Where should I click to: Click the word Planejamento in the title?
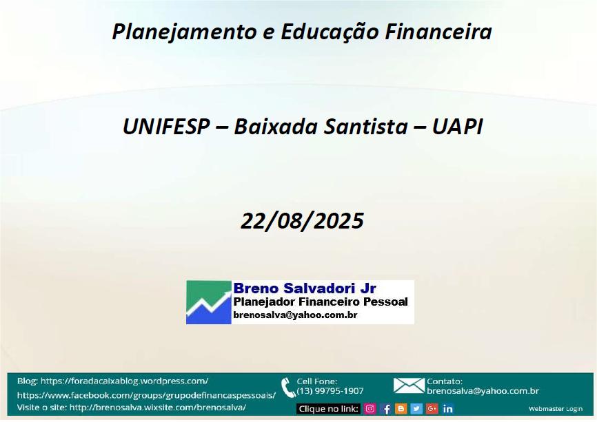click(x=184, y=32)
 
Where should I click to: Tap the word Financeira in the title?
click(x=438, y=31)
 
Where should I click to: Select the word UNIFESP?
click(x=166, y=127)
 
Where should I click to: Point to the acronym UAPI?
click(x=457, y=127)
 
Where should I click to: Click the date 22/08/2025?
click(x=303, y=221)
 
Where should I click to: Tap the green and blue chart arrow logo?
click(x=209, y=302)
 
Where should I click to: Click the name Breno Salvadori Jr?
click(x=305, y=288)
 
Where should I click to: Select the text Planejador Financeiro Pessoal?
click(x=321, y=302)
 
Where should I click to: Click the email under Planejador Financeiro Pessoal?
click(x=295, y=315)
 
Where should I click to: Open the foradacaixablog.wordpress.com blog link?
click(x=125, y=381)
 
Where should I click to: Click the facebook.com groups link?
click(x=147, y=395)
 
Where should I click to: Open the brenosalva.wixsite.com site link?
click(x=158, y=408)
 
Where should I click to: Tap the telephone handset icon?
click(x=288, y=388)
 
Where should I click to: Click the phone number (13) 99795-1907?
click(x=330, y=391)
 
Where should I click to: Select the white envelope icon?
click(x=409, y=386)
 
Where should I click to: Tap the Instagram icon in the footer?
click(x=370, y=409)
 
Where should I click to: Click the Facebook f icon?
click(x=385, y=409)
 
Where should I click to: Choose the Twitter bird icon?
click(x=416, y=409)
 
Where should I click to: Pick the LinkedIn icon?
click(x=448, y=409)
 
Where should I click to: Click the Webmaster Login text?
click(x=556, y=409)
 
